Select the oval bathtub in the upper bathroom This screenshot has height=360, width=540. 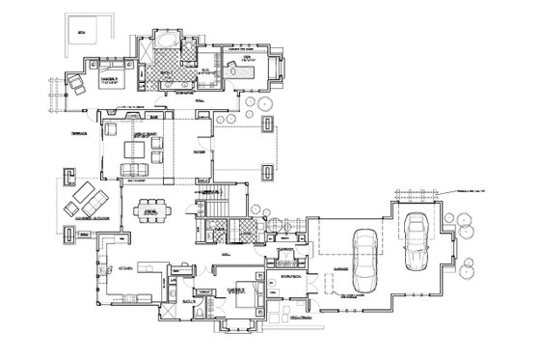pyautogui.click(x=165, y=40)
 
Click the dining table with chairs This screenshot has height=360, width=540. pyautogui.click(x=149, y=211)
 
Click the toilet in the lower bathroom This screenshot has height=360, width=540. pyautogui.click(x=200, y=293)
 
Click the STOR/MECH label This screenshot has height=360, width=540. pyautogui.click(x=290, y=277)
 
